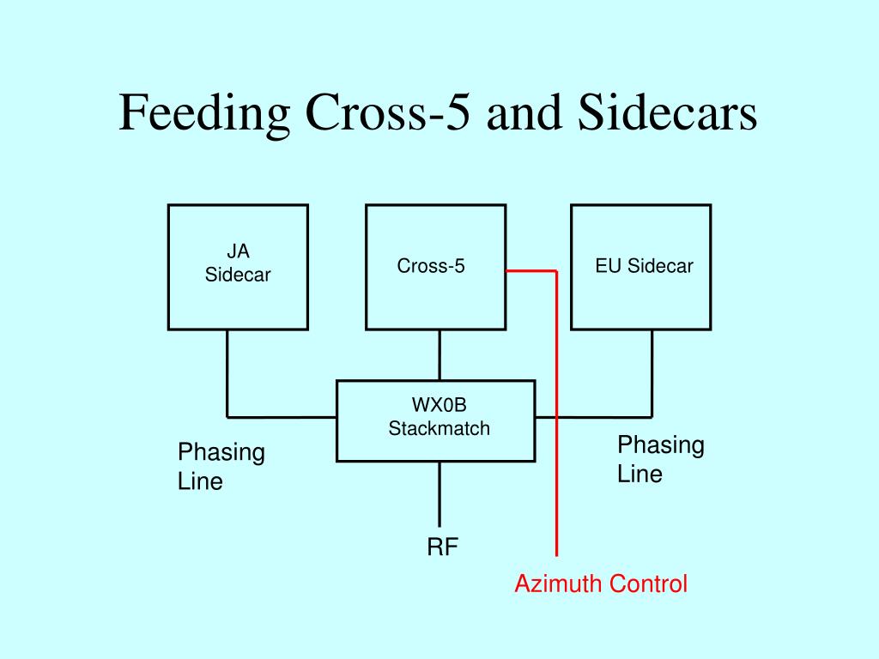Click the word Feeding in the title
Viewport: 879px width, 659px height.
coord(204,114)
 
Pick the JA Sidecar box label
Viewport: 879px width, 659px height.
coord(238,263)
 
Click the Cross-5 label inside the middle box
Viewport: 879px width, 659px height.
coord(431,266)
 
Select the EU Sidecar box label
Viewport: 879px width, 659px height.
coord(644,266)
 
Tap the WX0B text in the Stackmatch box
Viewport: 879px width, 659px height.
coord(439,405)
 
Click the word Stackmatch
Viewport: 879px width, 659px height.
coord(439,428)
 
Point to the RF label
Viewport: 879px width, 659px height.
coord(442,547)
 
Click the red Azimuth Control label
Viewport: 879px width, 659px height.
coord(601,583)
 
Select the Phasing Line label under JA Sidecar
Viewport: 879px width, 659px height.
coord(221,466)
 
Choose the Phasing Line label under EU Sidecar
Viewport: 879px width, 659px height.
coord(660,459)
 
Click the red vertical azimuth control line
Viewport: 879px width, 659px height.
coord(556,414)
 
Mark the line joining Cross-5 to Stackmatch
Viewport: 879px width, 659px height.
coord(439,355)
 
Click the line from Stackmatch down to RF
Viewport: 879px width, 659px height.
coord(439,494)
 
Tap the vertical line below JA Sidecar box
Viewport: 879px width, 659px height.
coord(227,374)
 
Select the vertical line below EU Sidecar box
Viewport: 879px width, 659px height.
coord(652,374)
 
